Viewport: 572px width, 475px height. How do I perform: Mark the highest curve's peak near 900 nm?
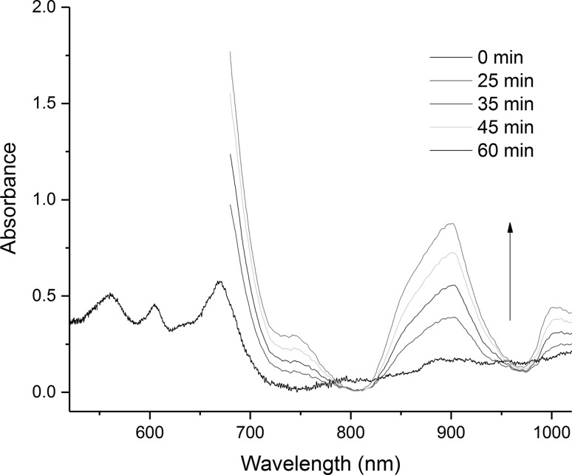point(450,223)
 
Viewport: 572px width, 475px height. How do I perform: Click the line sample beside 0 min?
point(450,56)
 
